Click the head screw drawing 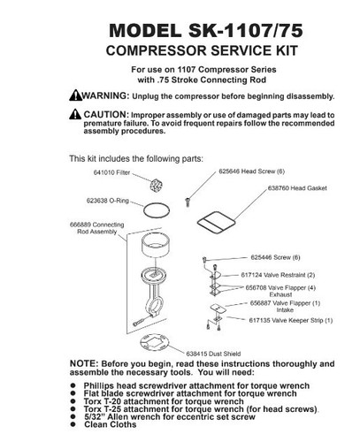pyautogui.click(x=188, y=201)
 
